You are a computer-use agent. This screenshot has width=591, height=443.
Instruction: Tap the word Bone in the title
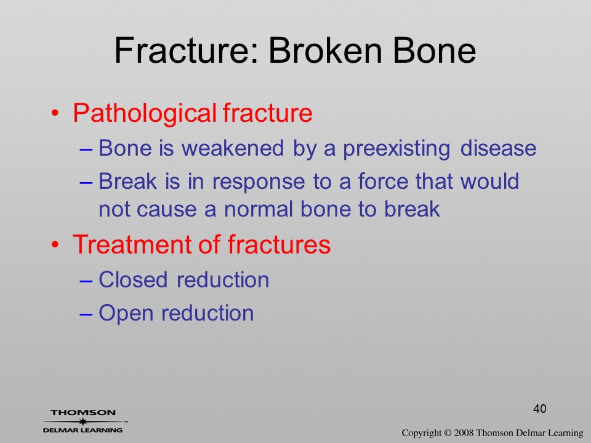[435, 50]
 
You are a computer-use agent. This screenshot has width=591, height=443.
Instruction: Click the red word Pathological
[145, 113]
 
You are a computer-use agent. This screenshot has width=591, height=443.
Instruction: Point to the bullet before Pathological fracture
[55, 113]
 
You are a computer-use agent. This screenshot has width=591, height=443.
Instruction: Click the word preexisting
[396, 148]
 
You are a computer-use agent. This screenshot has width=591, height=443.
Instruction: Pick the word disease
[498, 148]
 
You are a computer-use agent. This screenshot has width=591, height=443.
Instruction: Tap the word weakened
[233, 148]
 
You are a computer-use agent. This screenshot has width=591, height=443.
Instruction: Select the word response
[259, 182]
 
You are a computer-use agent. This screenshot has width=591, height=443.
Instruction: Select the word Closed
[133, 280]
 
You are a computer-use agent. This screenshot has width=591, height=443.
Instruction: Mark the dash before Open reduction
[86, 314]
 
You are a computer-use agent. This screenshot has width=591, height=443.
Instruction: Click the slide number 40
[540, 409]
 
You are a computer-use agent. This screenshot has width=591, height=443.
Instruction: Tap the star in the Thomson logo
[82, 421]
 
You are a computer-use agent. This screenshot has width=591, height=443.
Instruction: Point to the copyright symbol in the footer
[448, 433]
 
